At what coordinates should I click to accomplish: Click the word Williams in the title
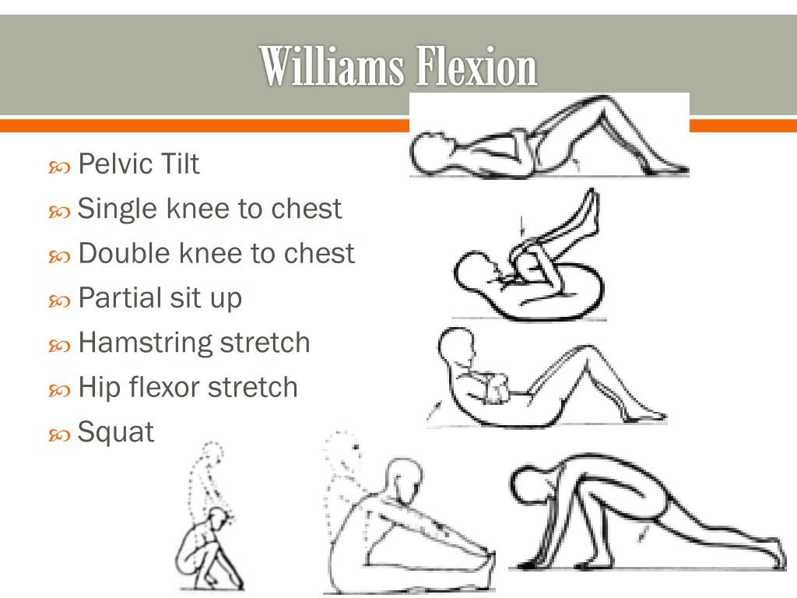click(x=332, y=66)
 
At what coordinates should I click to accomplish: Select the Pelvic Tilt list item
click(x=139, y=164)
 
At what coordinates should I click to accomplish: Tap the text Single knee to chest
click(x=209, y=209)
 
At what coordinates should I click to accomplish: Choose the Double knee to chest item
click(x=216, y=253)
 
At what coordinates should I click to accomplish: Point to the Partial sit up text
click(x=160, y=298)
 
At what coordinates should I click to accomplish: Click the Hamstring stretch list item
click(x=194, y=343)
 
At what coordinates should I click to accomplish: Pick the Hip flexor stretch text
click(x=188, y=388)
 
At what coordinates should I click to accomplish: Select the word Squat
click(x=115, y=433)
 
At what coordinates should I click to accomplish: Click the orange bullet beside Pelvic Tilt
click(x=59, y=167)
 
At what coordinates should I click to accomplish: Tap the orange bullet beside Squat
click(x=59, y=435)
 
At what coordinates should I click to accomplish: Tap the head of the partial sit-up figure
click(x=456, y=346)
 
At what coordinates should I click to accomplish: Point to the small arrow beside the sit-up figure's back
click(x=434, y=410)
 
